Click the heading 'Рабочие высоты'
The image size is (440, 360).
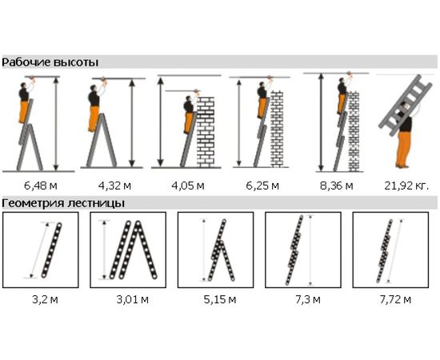pos(50,62)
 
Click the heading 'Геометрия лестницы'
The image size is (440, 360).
pos(63,203)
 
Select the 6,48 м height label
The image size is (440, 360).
pos(41,186)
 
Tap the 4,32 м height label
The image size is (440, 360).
pos(114,186)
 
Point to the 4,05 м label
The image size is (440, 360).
pos(188,186)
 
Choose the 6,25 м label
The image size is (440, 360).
pos(262,186)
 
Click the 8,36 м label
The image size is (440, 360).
pos(337,186)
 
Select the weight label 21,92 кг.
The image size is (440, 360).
pos(406,186)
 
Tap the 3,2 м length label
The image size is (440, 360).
pos(45,300)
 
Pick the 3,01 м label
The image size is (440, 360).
pos(133,300)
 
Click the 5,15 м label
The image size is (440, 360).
pos(220,300)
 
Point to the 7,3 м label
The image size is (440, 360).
pos(308,300)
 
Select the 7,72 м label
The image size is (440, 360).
pos(395,300)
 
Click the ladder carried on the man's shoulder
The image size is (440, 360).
pos(406,106)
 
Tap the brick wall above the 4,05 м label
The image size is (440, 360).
pos(206,132)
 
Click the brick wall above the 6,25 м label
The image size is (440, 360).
pos(277,129)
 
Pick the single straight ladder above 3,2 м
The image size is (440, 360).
pos(52,250)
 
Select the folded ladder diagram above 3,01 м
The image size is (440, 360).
pos(133,250)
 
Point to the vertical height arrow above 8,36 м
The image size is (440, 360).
pos(322,122)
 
